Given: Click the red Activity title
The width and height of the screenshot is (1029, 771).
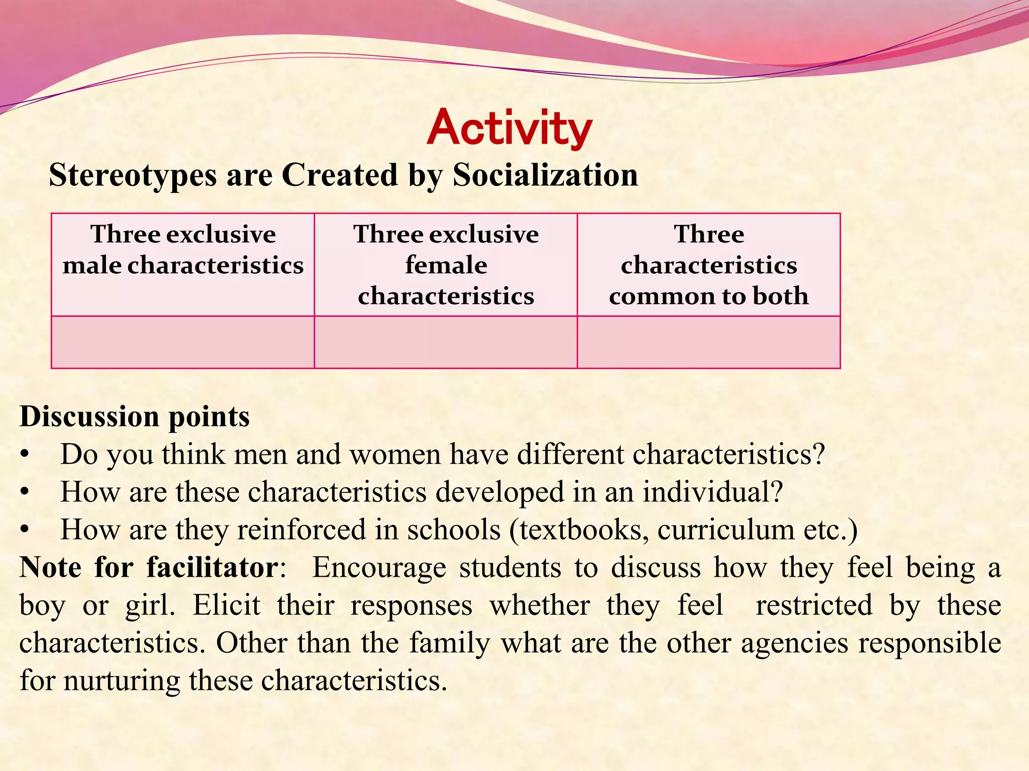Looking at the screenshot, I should coord(509,128).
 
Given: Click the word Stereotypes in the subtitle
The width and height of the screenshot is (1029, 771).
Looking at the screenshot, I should coord(133,175).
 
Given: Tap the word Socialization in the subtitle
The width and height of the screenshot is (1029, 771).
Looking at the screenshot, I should coord(545,175).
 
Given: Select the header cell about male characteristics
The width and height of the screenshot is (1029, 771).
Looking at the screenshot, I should coord(183,265).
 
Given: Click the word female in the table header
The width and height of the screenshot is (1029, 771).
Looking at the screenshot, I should coord(446,265).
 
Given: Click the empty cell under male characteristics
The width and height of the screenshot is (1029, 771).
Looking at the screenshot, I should coord(183,342).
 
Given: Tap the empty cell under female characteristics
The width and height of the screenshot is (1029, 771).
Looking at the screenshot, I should coord(446,342).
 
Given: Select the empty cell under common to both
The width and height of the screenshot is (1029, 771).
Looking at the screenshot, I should coord(708,342).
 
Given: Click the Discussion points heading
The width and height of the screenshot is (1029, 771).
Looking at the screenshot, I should coord(135,417).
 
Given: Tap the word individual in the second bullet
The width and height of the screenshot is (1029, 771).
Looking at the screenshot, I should coord(712,492).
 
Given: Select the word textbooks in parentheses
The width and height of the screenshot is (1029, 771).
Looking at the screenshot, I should coord(583,530).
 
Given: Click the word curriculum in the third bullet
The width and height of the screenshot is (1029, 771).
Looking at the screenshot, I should coord(726,530).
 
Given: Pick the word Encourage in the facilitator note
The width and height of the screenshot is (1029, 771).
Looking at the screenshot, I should coord(379,568).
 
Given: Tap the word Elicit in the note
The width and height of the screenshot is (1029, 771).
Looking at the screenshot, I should coord(227,605).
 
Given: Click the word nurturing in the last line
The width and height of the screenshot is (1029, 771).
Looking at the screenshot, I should coord(122,681).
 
